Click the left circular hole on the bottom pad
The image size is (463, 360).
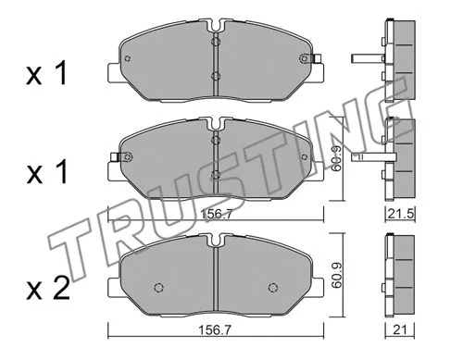tap(156, 285)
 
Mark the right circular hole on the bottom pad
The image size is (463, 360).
tap(275, 285)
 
